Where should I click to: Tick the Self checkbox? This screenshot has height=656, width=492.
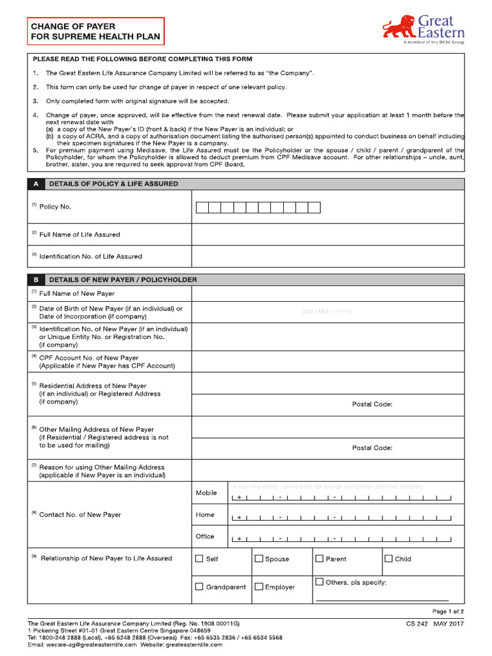[x=199, y=559]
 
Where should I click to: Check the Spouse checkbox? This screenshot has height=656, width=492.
[x=259, y=559]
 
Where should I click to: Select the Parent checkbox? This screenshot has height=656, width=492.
[x=319, y=559]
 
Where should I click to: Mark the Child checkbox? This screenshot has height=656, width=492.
[x=388, y=559]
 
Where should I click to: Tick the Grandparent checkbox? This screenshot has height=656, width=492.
[x=199, y=586]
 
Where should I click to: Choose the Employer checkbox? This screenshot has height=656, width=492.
[x=259, y=586]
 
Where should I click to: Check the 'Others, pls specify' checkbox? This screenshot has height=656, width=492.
[x=319, y=582]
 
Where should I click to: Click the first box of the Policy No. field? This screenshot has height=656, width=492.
[x=202, y=208]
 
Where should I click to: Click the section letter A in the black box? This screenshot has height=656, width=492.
[x=37, y=184]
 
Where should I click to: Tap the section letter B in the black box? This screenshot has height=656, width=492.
[x=37, y=280]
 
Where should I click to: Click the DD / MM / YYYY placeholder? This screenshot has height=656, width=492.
[x=327, y=312]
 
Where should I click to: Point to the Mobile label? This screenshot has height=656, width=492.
[x=206, y=493]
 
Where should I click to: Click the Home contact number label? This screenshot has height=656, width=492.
[x=205, y=514]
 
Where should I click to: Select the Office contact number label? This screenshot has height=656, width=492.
[x=205, y=536]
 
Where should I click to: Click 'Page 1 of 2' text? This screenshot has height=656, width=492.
[x=448, y=612]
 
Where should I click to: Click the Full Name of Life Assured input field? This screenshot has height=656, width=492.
[x=327, y=234]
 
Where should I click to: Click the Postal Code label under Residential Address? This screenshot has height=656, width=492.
[x=372, y=404]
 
